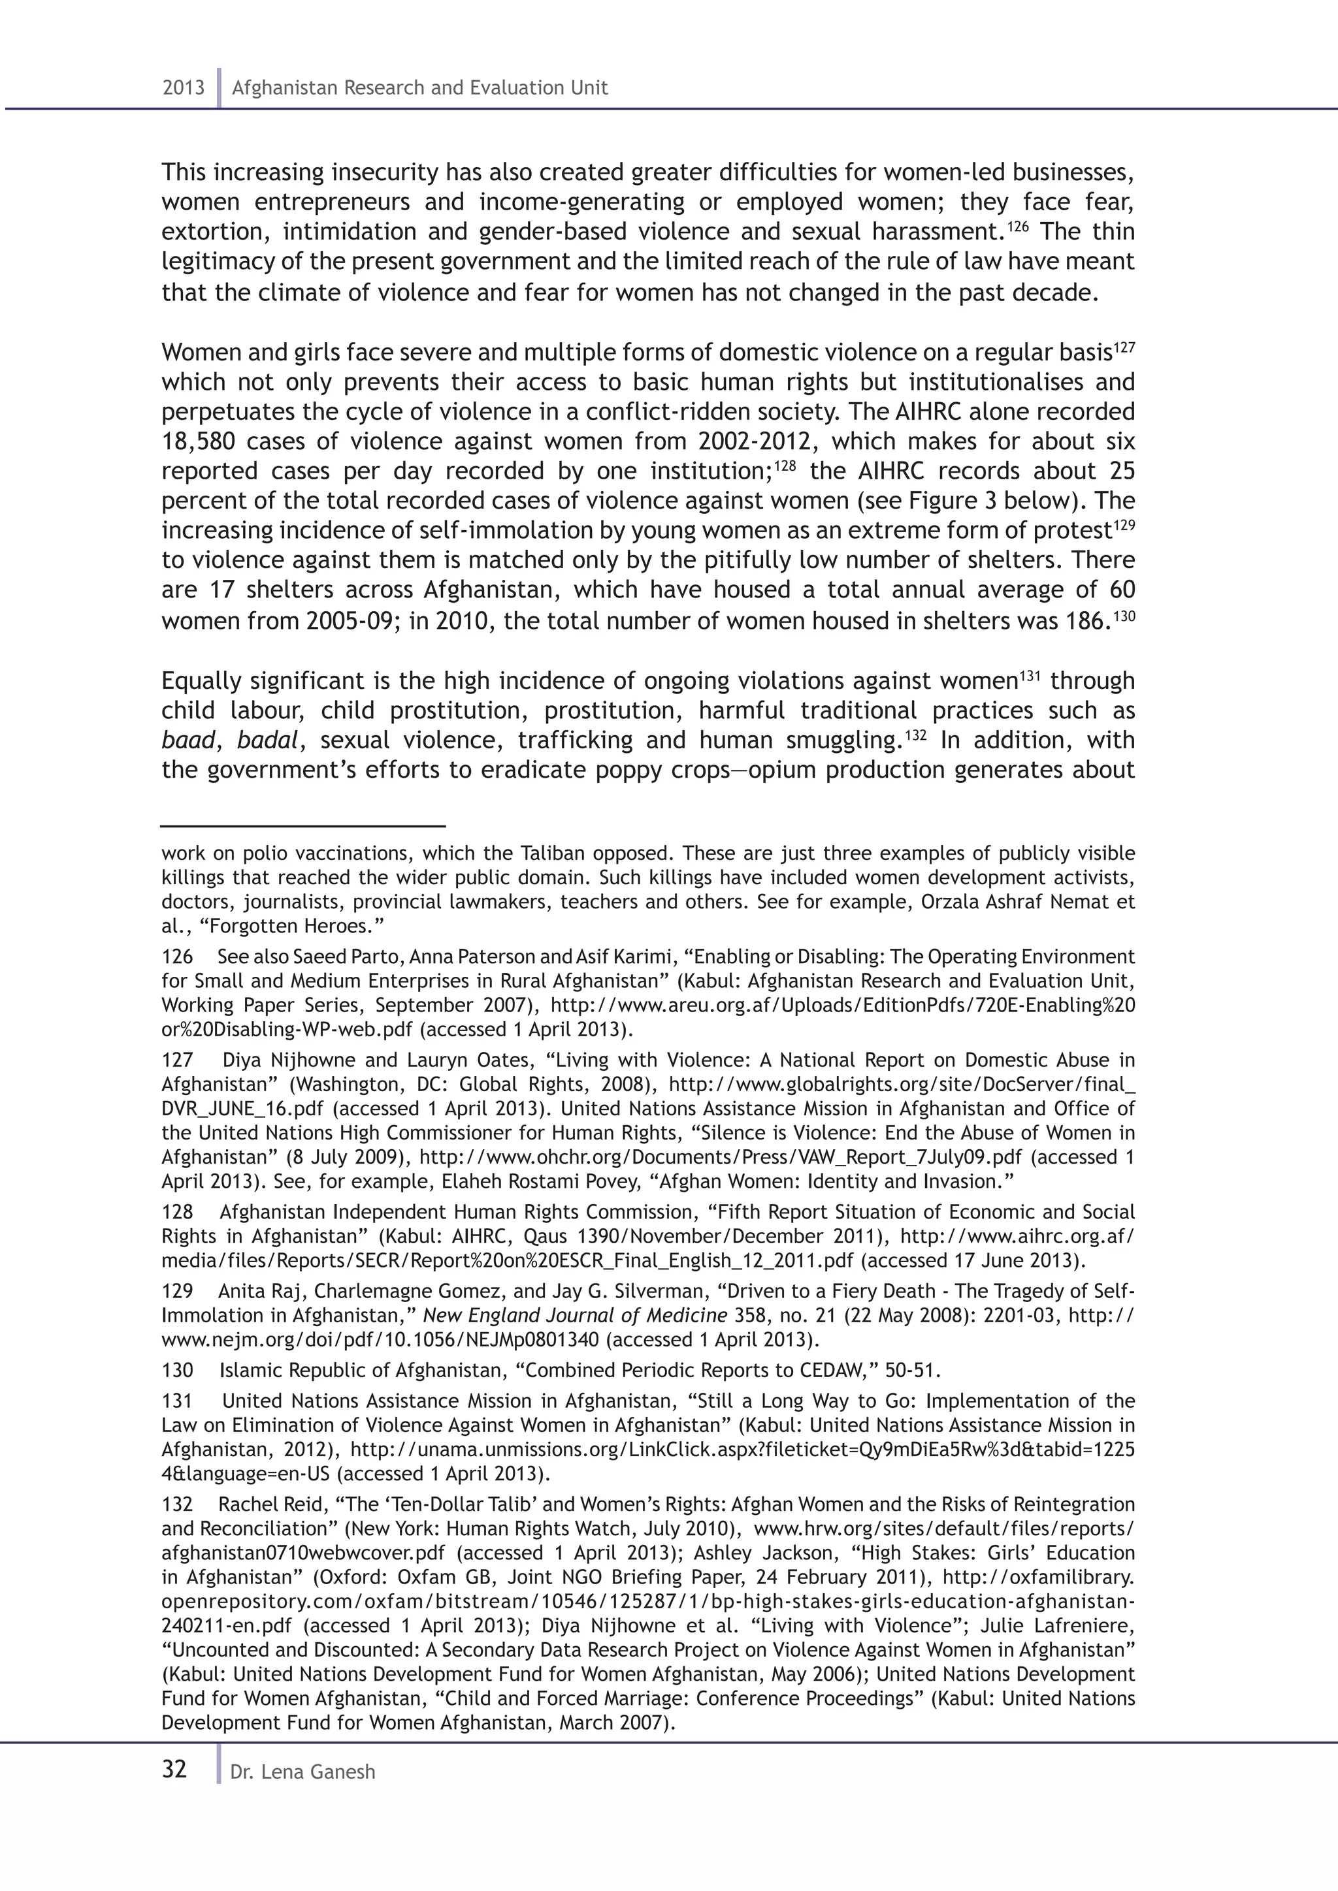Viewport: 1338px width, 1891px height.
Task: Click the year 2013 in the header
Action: click(x=183, y=87)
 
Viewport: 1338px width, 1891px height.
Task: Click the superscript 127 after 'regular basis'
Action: click(x=1124, y=347)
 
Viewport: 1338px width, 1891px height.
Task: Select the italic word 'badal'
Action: click(x=266, y=740)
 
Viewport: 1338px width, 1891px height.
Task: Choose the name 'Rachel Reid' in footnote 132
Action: click(x=267, y=1504)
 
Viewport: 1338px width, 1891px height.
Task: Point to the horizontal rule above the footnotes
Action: click(x=303, y=825)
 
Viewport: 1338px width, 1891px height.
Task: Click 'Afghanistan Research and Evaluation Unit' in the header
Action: click(x=419, y=87)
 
